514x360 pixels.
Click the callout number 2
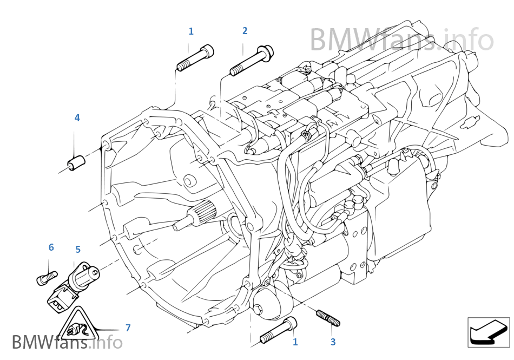tap(245, 31)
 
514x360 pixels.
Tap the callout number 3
tap(333, 342)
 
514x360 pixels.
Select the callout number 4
tap(77, 117)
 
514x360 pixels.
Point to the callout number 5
tap(78, 250)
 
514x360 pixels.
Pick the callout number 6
tap(51, 247)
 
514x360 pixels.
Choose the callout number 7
tap(128, 328)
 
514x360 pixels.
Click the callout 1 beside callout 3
tap(295, 342)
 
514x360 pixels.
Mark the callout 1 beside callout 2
tap(190, 31)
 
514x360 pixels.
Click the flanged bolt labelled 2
tap(252, 61)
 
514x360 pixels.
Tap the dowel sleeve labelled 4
tap(76, 161)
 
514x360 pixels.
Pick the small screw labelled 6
tap(45, 278)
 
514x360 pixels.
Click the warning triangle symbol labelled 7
tap(77, 325)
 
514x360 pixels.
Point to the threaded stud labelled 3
tap(327, 318)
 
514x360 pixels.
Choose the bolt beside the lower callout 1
tap(279, 330)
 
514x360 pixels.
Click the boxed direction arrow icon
tap(489, 332)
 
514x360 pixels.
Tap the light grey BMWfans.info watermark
tap(401, 40)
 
